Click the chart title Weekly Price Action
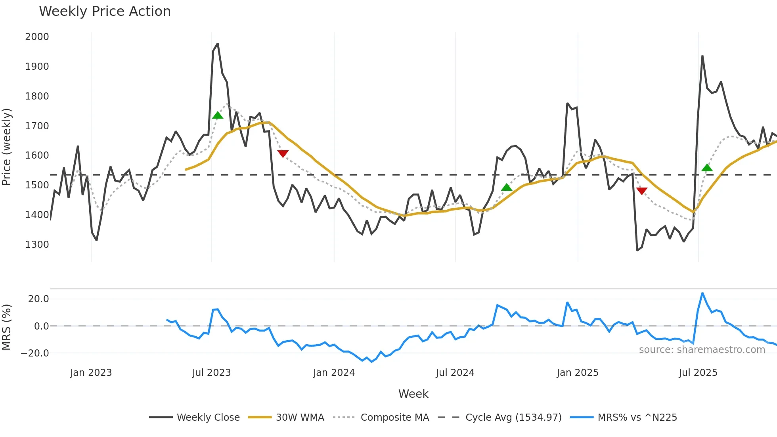pos(105,11)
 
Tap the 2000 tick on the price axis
pos(37,37)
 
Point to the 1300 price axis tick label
pos(37,244)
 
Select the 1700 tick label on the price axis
pos(37,126)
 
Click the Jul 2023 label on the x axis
pos(211,373)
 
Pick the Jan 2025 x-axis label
pos(577,373)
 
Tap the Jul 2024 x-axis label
pos(455,373)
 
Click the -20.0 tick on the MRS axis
pos(35,353)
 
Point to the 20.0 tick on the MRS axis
pos(38,299)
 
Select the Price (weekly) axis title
pos(7,147)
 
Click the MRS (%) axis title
pos(7,327)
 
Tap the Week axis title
pos(413,394)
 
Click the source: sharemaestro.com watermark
pos(702,350)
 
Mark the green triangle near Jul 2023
pos(218,115)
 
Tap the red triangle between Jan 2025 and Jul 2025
pos(641,191)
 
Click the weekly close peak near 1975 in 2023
pos(217,44)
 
